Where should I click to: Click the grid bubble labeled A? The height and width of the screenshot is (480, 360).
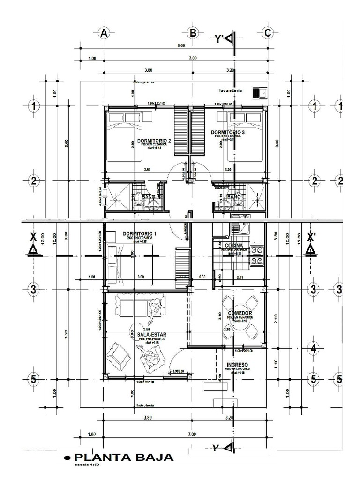[x=104, y=33]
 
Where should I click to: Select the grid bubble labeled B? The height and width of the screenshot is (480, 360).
[x=192, y=33]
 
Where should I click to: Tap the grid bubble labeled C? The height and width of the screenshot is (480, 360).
[x=267, y=33]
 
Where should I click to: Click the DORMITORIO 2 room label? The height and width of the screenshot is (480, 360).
[x=153, y=141]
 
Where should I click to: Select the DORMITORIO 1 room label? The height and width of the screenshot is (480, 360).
[x=139, y=233]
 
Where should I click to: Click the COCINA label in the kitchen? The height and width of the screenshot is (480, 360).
[x=233, y=246]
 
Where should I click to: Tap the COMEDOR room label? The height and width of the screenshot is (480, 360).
[x=240, y=313]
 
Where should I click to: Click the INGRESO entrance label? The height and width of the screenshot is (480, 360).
[x=237, y=365]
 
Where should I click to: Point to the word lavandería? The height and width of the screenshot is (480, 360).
[x=230, y=90]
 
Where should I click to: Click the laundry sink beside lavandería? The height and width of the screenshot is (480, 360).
[x=260, y=93]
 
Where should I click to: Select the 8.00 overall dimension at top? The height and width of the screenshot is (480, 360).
[x=181, y=46]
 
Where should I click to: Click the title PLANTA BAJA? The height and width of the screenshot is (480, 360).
[x=124, y=457]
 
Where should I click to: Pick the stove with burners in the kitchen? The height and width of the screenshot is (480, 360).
[x=256, y=255]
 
